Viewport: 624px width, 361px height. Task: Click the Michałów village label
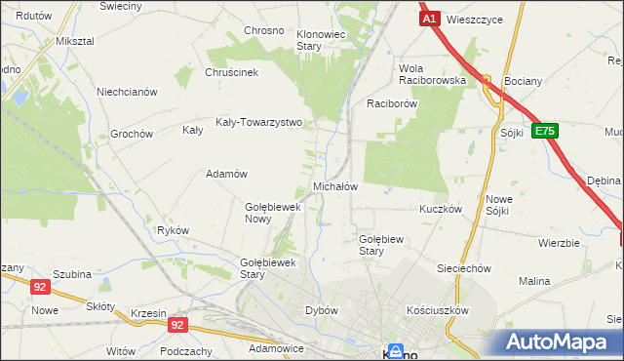(334, 185)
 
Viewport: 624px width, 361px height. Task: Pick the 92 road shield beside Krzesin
(176, 324)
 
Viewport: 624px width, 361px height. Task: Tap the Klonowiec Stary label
(322, 40)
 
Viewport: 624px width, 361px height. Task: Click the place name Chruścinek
(230, 72)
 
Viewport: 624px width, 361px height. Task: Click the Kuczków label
(440, 209)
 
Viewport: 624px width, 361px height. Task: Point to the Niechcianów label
(127, 92)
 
